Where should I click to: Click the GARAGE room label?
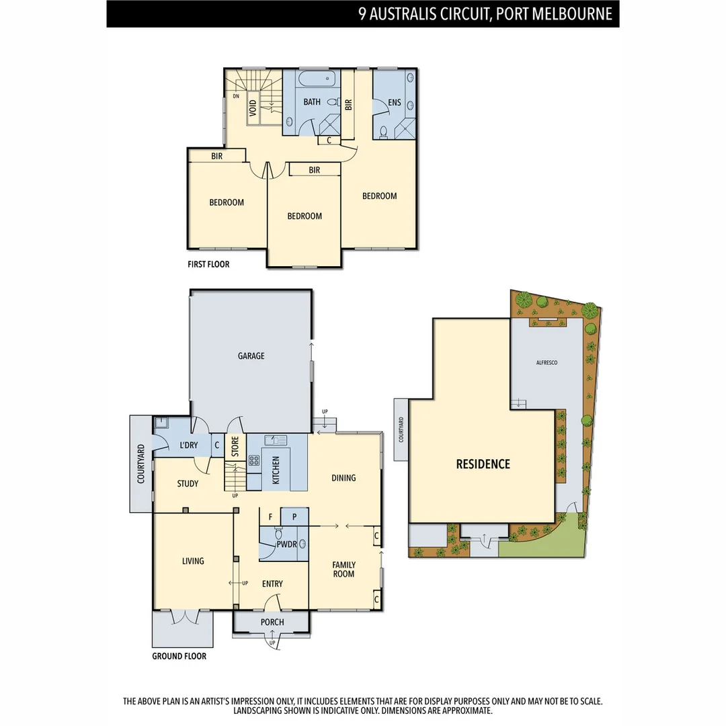251,356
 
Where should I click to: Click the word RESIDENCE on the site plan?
483,464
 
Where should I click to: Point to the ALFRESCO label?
547,362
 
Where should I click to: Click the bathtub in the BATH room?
315,79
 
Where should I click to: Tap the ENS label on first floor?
395,103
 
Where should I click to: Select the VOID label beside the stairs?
253,108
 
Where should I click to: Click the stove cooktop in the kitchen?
255,460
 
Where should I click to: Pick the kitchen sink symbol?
276,440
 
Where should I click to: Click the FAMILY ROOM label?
344,569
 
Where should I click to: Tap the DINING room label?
344,478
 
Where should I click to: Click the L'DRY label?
188,445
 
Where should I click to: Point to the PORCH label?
273,622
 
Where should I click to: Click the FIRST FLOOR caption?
208,264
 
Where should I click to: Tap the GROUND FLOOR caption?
179,656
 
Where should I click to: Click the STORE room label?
235,448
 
